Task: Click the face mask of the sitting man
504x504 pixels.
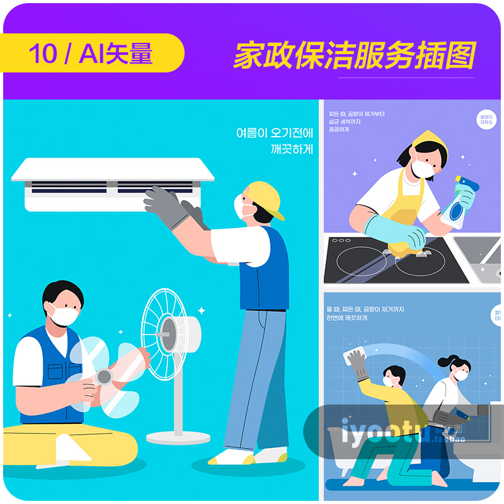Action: point(64,313)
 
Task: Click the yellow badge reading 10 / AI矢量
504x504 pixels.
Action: point(91,54)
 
